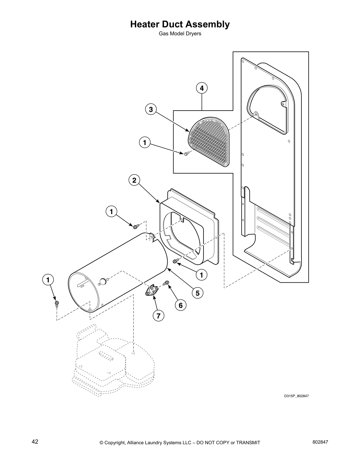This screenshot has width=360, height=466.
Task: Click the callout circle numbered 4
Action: coord(201,88)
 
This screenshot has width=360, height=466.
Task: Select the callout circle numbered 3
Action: coord(151,110)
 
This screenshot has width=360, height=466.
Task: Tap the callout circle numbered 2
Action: coord(134,180)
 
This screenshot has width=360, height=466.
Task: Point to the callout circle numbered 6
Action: coord(180,305)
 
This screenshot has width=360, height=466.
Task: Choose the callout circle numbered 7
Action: coord(158,316)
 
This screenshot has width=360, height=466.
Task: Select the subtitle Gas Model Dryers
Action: coord(180,34)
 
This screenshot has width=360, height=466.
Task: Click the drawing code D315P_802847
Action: coord(296,396)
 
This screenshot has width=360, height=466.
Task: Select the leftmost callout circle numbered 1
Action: coord(48,280)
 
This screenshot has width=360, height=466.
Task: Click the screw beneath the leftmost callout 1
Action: coord(56,303)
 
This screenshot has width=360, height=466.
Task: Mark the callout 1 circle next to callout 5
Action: coord(201,275)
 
